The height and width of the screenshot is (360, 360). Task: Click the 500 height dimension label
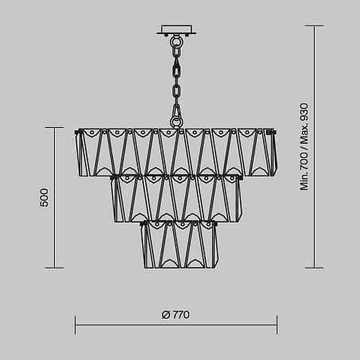point(44,198)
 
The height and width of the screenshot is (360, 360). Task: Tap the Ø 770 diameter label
point(176,315)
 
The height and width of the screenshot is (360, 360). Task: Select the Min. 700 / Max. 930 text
point(304,147)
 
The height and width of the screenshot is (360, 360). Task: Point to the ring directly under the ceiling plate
point(176,41)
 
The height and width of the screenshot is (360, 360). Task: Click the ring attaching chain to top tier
point(176,122)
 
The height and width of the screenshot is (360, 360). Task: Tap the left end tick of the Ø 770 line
point(75,325)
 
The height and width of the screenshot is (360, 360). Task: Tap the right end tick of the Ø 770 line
point(277,325)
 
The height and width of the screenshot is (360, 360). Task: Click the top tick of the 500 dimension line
point(54,128)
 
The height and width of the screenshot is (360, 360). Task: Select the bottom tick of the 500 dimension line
point(54,268)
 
